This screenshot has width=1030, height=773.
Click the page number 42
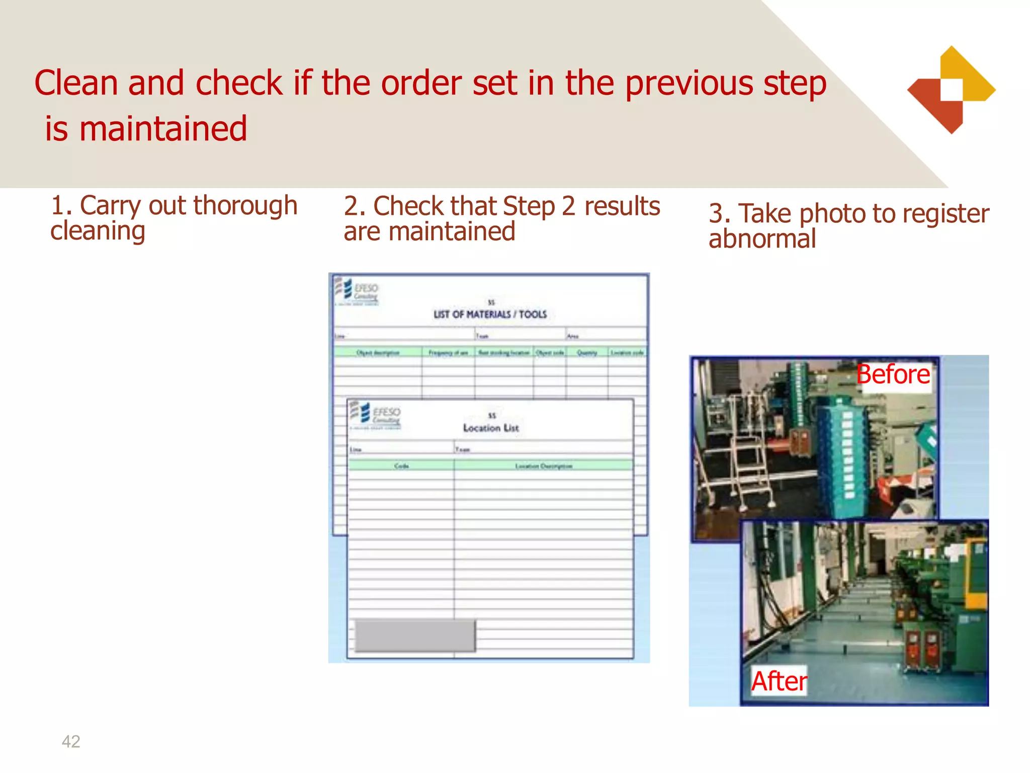[71, 741]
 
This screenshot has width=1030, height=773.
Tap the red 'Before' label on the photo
[893, 375]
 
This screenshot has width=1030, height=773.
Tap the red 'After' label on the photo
[779, 681]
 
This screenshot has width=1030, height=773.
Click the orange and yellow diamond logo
[951, 90]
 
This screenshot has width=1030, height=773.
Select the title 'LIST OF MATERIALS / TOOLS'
[490, 315]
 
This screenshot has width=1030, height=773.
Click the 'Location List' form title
[491, 428]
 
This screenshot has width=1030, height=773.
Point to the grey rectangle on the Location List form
[415, 636]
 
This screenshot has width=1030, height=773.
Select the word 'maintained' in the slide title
[163, 129]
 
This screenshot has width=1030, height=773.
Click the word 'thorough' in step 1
[245, 206]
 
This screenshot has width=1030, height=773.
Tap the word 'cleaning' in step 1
[98, 231]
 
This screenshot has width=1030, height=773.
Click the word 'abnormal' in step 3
[762, 239]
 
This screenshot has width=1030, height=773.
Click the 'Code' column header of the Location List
[401, 466]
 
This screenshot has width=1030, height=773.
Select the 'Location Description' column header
[544, 466]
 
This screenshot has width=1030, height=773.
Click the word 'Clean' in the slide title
[75, 83]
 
